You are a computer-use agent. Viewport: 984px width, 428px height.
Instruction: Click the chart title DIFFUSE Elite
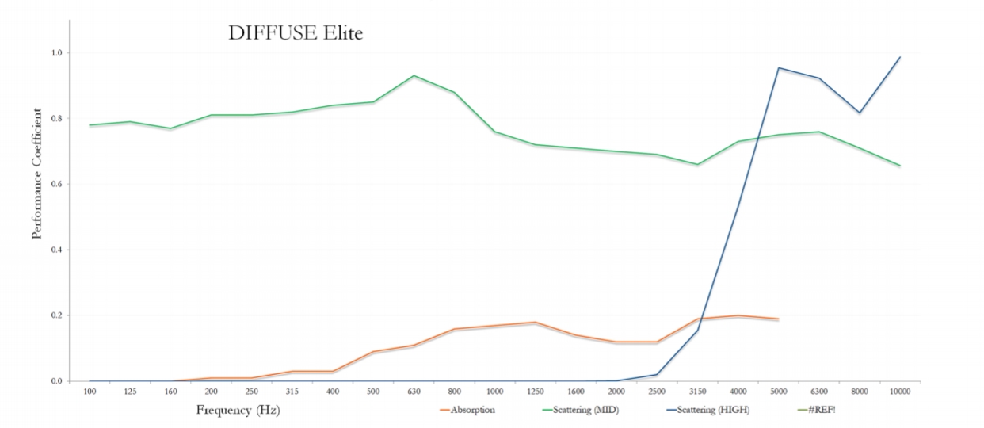coord(296,33)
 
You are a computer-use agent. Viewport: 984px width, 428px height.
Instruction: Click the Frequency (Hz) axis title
coord(238,411)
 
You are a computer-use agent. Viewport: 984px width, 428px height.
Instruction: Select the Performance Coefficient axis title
coord(36,174)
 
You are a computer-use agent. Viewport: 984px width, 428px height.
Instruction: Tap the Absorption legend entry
coord(472,410)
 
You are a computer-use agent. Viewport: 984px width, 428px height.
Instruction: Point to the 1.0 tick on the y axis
coord(58,53)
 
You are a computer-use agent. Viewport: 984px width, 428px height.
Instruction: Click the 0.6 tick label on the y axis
coord(58,185)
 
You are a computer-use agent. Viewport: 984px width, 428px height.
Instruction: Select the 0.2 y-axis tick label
coord(58,315)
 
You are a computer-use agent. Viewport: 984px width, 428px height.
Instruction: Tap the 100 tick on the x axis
coord(90,392)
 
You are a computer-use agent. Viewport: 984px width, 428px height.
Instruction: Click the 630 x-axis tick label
coord(414,392)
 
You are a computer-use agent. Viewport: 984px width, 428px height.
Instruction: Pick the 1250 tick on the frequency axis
coord(535,392)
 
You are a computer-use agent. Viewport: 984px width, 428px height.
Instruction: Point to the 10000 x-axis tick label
coord(900,392)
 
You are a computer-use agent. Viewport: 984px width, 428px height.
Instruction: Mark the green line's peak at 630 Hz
coord(414,76)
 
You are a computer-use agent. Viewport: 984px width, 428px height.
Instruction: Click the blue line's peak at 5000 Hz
coord(778,68)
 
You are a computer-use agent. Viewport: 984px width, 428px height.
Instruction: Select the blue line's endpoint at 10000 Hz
coord(900,57)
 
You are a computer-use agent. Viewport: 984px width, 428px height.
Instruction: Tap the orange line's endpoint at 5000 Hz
coord(778,319)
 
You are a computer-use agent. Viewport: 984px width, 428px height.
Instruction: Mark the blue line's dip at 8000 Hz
coord(860,113)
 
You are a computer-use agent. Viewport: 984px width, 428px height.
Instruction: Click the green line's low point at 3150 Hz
coord(697,165)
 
